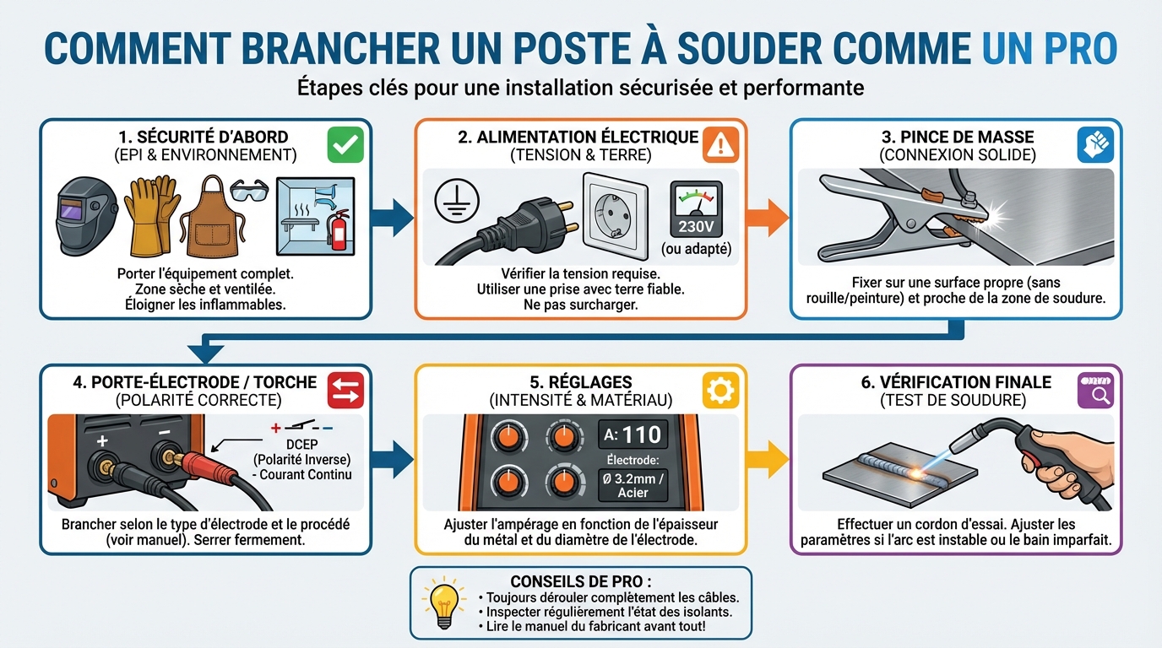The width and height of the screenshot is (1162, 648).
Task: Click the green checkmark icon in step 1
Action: [345, 145]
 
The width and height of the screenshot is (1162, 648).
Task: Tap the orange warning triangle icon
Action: [720, 145]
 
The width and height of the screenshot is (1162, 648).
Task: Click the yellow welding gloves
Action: [151, 217]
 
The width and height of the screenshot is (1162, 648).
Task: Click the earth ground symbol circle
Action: [456, 202]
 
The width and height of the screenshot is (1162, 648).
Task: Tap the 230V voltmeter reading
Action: [695, 225]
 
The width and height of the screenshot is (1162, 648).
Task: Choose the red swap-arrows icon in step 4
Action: [345, 390]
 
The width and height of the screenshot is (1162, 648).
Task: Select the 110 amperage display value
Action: [640, 435]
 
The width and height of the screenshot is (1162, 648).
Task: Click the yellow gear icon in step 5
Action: [720, 390]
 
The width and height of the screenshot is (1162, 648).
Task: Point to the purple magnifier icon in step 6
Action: [1095, 390]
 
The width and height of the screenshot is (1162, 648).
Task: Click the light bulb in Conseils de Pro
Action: [443, 601]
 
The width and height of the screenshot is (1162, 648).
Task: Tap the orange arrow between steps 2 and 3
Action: [767, 219]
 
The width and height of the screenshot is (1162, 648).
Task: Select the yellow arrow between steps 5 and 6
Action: [767, 458]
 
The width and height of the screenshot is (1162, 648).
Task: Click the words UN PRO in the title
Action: [1050, 49]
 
